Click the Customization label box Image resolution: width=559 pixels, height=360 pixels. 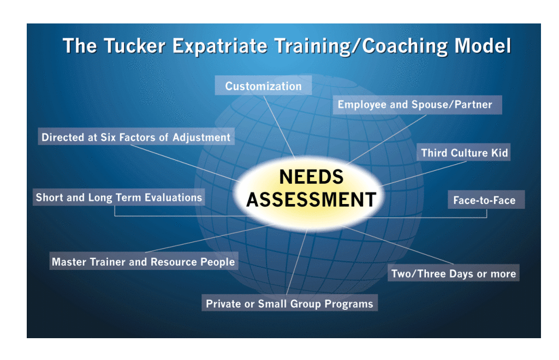click(x=263, y=86)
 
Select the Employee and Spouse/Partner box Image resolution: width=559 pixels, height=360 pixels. click(x=418, y=105)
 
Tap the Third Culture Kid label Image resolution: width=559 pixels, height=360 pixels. click(x=463, y=152)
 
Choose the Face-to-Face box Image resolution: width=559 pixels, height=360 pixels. click(x=486, y=200)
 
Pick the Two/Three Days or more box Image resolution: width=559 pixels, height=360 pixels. click(x=454, y=273)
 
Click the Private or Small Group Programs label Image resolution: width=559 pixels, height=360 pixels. click(x=289, y=303)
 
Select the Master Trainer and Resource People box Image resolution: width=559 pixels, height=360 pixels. click(x=144, y=261)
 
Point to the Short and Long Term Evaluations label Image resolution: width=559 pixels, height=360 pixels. click(x=118, y=197)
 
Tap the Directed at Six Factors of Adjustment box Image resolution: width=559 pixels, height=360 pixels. click(x=136, y=137)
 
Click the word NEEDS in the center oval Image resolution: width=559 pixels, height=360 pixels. click(x=311, y=177)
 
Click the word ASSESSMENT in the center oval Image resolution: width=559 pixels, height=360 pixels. click(x=311, y=200)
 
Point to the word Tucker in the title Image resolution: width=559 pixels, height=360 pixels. click(x=135, y=46)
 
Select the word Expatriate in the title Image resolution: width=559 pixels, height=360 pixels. click(x=220, y=46)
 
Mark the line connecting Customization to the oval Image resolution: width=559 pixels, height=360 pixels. click(x=279, y=127)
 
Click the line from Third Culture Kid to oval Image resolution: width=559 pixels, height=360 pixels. click(x=423, y=174)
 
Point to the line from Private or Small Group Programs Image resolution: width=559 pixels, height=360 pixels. click(x=296, y=262)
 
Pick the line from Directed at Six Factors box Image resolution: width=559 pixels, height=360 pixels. click(x=186, y=164)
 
